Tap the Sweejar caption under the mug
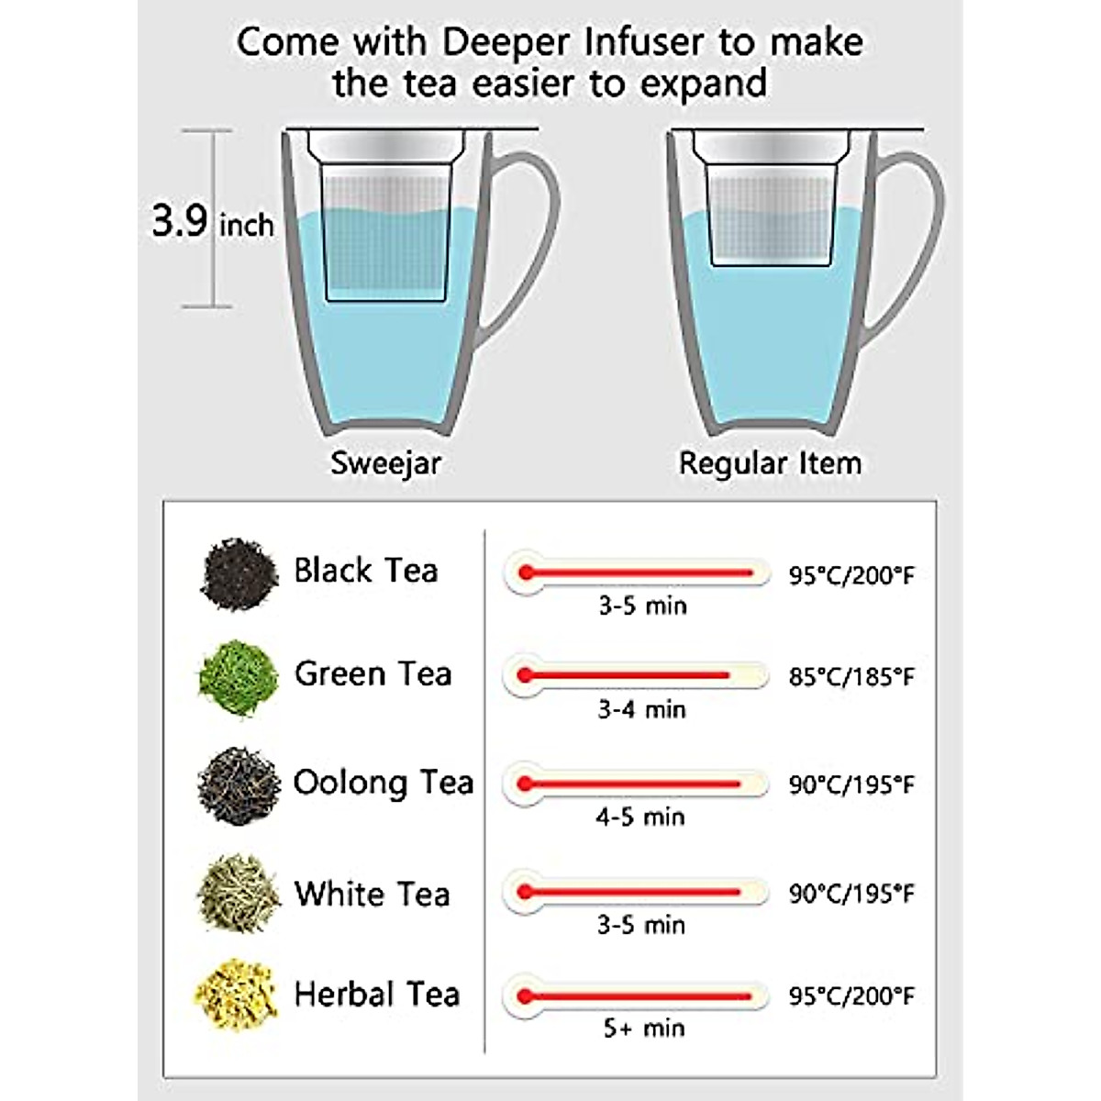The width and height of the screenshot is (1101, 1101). [x=386, y=462]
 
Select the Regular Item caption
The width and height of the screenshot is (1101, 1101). [x=770, y=462]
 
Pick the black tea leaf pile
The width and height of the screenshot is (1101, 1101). [x=239, y=574]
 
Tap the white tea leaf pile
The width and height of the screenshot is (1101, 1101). [x=238, y=893]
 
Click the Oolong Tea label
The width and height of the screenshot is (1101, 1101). [x=384, y=783]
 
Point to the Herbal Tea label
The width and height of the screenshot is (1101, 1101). [x=376, y=995]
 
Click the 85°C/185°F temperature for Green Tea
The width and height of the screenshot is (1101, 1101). [x=851, y=677]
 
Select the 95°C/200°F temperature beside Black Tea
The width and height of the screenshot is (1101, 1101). [x=851, y=575]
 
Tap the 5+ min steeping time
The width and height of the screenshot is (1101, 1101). [x=643, y=1029]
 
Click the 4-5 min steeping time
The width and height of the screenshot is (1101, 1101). [x=640, y=817]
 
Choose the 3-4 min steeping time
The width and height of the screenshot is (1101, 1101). [x=641, y=709]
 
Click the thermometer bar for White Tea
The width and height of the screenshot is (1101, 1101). [x=635, y=892]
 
